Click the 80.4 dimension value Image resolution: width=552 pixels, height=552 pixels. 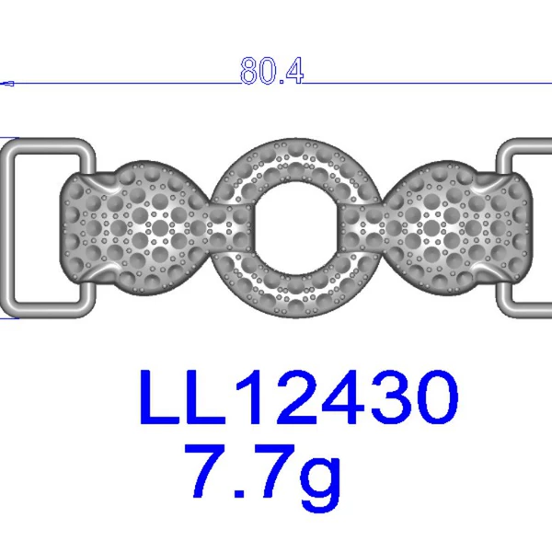pos(271,71)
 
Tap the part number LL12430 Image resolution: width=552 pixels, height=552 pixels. pos(299,397)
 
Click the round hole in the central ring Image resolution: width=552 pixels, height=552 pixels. pos(297,228)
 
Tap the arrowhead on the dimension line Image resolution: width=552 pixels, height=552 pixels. pos(7,84)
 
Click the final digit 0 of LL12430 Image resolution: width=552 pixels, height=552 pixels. pos(436,397)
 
